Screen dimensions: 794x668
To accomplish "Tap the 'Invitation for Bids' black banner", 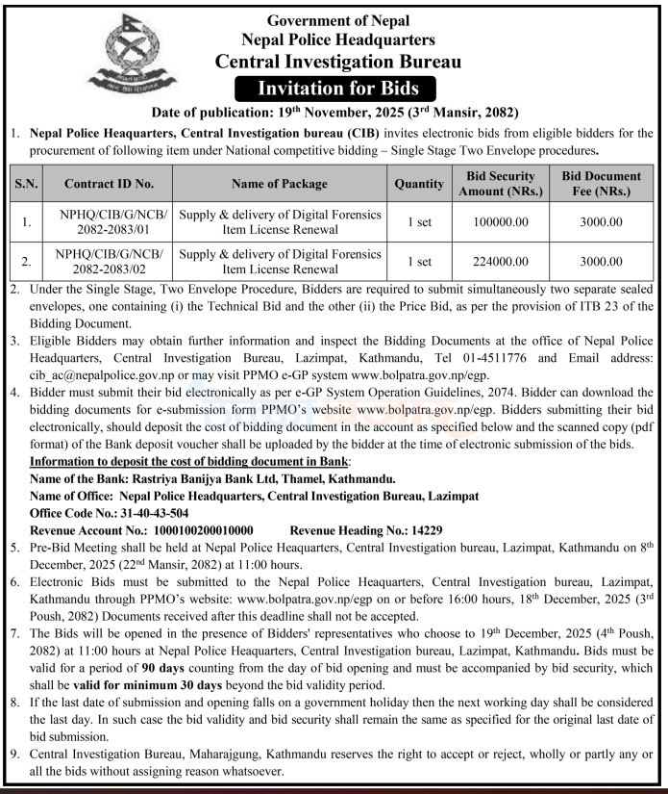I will pos(336,90).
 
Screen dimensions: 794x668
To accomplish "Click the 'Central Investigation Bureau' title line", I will pos(337,63).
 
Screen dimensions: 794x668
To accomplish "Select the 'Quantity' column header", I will pos(419,183).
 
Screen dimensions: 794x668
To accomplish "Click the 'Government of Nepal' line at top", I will pos(337,20).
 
